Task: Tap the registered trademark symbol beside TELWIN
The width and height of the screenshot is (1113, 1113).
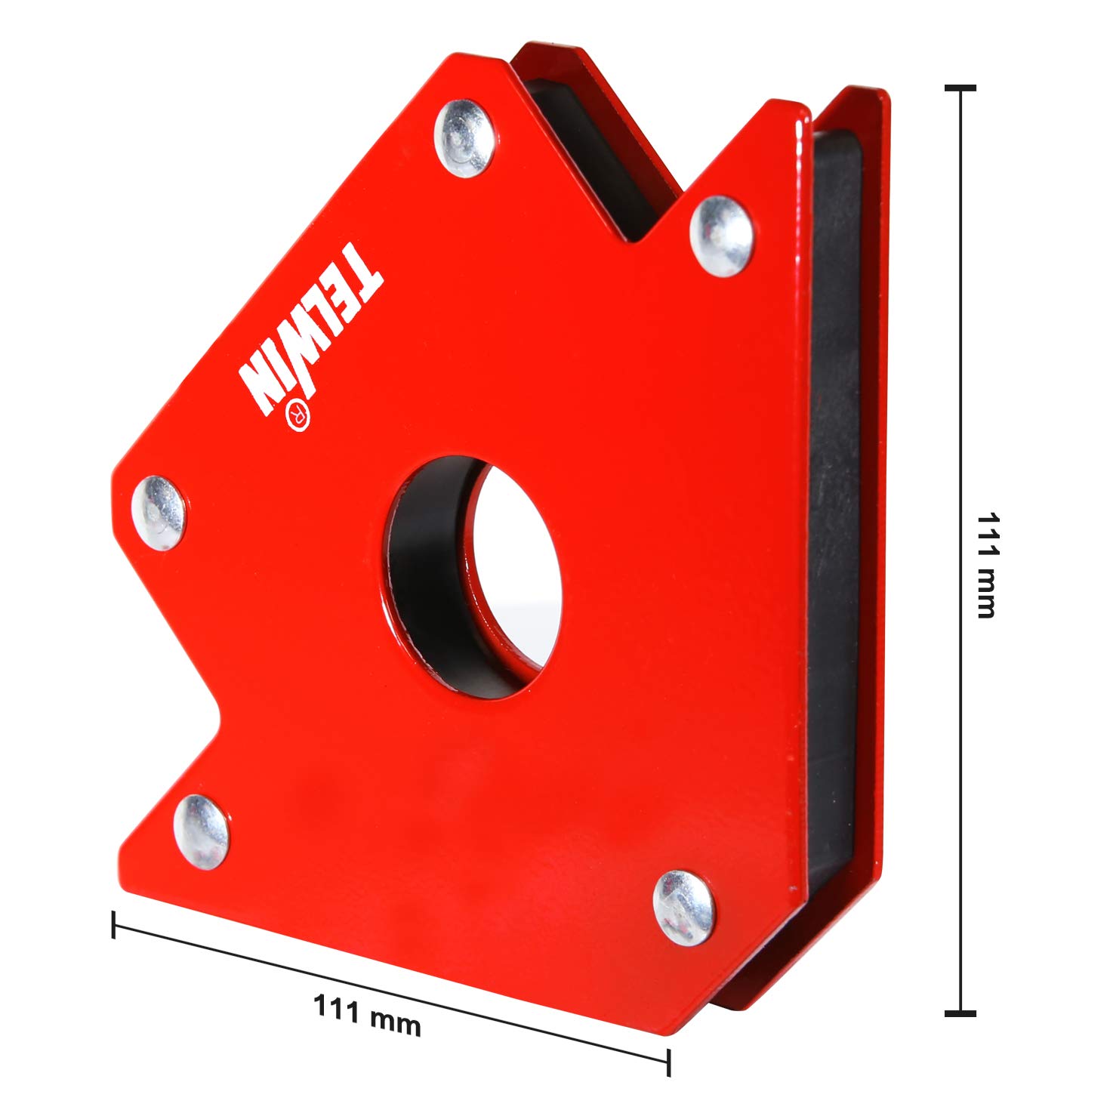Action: pos(298,415)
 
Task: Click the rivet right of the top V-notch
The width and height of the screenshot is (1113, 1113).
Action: pos(722,236)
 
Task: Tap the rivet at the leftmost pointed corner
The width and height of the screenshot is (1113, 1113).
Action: pos(159,513)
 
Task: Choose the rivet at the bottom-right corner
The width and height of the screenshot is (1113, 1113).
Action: pos(683,906)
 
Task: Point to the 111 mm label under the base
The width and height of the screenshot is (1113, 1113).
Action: pos(367,1015)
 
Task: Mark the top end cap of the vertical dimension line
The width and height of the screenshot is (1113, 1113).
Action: pos(960,88)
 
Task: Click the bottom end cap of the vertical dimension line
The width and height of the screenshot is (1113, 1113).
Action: pos(960,1013)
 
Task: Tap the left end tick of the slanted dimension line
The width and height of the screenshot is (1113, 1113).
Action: pos(113,924)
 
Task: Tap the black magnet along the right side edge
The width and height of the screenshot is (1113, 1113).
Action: pos(835,491)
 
